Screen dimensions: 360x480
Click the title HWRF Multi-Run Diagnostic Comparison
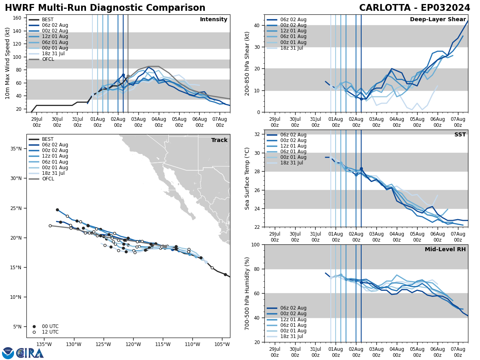pyautogui.click(x=105, y=8)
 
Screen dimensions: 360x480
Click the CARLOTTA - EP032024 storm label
pyautogui.click(x=414, y=8)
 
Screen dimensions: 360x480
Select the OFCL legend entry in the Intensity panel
pyautogui.click(x=48, y=59)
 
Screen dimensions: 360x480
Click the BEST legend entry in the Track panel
pyautogui.click(x=48, y=139)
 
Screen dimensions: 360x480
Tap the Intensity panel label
pyautogui.click(x=214, y=20)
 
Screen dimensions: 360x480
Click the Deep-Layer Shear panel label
pyautogui.click(x=438, y=20)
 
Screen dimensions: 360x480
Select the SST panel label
pyautogui.click(x=460, y=135)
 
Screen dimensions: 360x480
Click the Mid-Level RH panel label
pyautogui.click(x=445, y=250)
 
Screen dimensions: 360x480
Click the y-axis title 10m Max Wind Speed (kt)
pyautogui.click(x=8, y=63)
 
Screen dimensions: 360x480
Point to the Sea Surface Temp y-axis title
pyautogui.click(x=247, y=178)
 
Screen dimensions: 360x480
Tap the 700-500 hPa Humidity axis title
pyautogui.click(x=247, y=293)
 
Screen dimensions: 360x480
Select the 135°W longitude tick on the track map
pyautogui.click(x=44, y=344)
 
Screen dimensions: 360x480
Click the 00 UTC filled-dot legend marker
pyautogui.click(x=34, y=326)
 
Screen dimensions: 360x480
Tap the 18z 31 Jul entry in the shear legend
pyautogui.click(x=291, y=48)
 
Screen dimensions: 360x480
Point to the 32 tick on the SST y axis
pyautogui.click(x=258, y=134)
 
